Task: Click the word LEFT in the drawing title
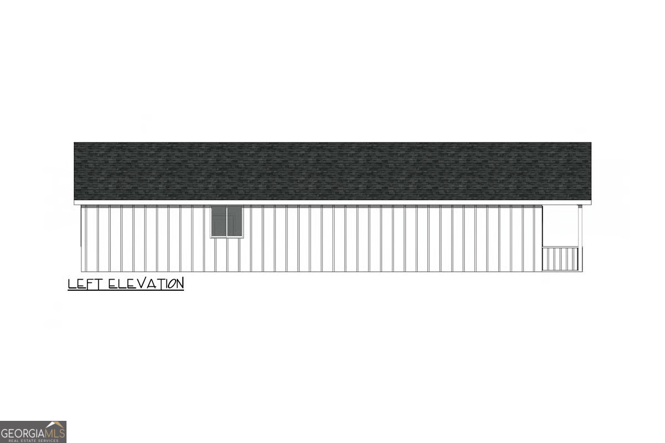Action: (85, 284)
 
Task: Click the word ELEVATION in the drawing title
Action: (146, 284)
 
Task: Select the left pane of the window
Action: (219, 221)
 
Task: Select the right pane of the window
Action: (234, 221)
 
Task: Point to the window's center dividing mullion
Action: (227, 221)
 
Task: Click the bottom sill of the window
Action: (227, 237)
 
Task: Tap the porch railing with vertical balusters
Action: (560, 259)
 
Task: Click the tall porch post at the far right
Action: (580, 238)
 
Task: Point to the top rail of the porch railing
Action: (560, 247)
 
